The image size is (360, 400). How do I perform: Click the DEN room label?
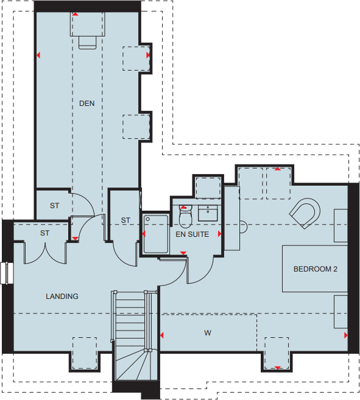(x=87, y=104)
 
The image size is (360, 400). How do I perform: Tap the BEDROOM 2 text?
(x=315, y=268)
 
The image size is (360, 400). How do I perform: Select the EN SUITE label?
(x=192, y=234)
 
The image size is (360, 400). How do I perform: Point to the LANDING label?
(x=62, y=296)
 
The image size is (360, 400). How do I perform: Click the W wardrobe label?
(x=208, y=333)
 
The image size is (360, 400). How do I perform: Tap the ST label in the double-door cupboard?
(x=44, y=233)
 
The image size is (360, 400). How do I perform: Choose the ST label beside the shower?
(x=125, y=220)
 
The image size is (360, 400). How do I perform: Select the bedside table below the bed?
(x=341, y=311)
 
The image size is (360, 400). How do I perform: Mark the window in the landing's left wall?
(x=7, y=273)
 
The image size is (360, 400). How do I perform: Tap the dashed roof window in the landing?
(x=84, y=353)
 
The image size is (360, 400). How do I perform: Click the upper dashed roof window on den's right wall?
(x=136, y=59)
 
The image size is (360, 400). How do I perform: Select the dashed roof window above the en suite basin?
(x=208, y=188)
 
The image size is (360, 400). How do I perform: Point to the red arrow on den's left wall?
(x=38, y=55)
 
